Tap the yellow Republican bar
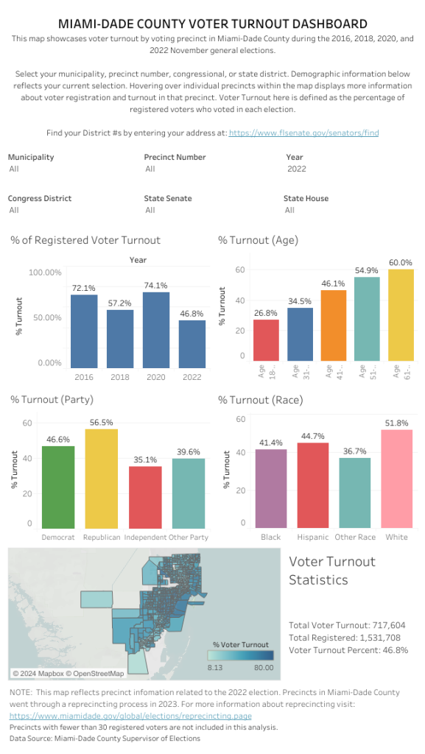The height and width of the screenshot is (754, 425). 102,478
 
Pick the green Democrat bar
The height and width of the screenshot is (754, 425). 58,487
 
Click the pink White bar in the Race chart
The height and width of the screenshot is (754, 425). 396,478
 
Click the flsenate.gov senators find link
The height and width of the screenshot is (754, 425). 303,133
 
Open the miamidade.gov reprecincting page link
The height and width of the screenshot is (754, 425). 130,716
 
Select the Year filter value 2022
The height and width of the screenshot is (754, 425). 296,169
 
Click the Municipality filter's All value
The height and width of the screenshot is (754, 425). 14,169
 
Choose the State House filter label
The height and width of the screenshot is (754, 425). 306,198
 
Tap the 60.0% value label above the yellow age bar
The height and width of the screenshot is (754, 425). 401,262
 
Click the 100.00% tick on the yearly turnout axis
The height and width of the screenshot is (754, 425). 46,272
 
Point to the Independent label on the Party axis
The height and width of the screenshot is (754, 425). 145,537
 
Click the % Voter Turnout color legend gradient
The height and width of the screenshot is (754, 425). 239,655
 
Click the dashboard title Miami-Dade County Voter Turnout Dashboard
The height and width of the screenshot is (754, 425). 212,24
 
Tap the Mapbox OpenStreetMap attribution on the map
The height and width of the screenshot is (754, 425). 68,673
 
